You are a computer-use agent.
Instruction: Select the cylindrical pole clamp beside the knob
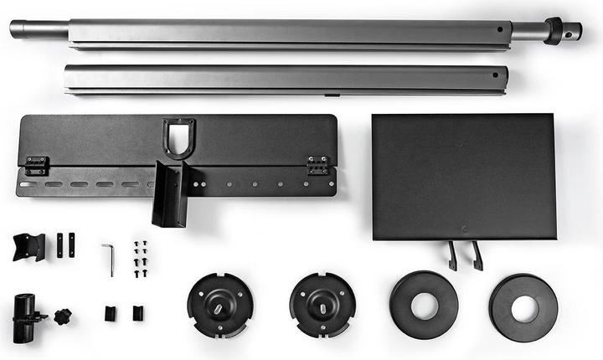click(x=24, y=316)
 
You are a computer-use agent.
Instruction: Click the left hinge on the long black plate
click(x=36, y=166)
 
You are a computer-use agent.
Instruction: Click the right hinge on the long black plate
click(x=317, y=165)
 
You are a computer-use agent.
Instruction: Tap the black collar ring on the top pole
click(x=554, y=30)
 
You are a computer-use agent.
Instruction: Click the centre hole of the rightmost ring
click(x=524, y=308)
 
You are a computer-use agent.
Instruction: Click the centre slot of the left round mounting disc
click(x=219, y=305)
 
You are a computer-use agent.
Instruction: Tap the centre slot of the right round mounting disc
click(x=322, y=304)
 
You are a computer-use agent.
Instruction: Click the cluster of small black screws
click(x=140, y=260)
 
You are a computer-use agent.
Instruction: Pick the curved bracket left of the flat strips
click(x=28, y=246)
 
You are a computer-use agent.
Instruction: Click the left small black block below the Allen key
click(x=109, y=313)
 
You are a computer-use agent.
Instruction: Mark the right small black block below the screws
click(x=137, y=313)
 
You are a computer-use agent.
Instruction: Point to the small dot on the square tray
click(x=464, y=226)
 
